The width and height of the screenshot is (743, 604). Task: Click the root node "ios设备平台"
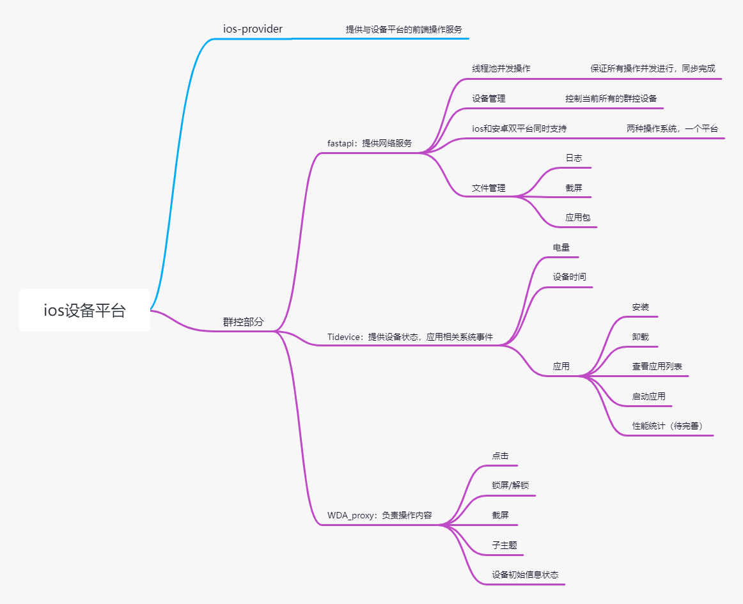[x=84, y=311]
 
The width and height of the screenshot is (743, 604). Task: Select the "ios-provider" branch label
[x=253, y=29]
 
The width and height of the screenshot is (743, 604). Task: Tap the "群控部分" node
[x=243, y=322]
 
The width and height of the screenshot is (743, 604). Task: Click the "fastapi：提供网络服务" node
[x=370, y=144]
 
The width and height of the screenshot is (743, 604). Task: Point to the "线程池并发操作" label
[x=501, y=69]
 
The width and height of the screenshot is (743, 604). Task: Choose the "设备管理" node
[x=489, y=99]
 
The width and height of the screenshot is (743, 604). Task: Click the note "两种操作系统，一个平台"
[x=672, y=128]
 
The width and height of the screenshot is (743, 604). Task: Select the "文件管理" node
[x=489, y=188]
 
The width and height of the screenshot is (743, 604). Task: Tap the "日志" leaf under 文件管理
[x=574, y=158]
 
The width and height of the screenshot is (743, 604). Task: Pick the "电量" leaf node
[x=561, y=247]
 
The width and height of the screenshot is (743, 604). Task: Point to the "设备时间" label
[x=569, y=277]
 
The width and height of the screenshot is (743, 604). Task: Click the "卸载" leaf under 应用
[x=640, y=337]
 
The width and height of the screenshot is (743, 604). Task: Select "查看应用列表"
[x=657, y=367]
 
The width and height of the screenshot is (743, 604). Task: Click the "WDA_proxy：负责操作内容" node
[x=379, y=516]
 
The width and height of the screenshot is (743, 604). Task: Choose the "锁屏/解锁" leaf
[x=510, y=486]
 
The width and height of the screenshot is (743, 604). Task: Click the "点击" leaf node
[x=500, y=456]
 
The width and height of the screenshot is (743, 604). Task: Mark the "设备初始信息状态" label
[x=525, y=575]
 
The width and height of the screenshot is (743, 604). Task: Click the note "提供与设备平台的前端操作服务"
[x=403, y=29]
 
